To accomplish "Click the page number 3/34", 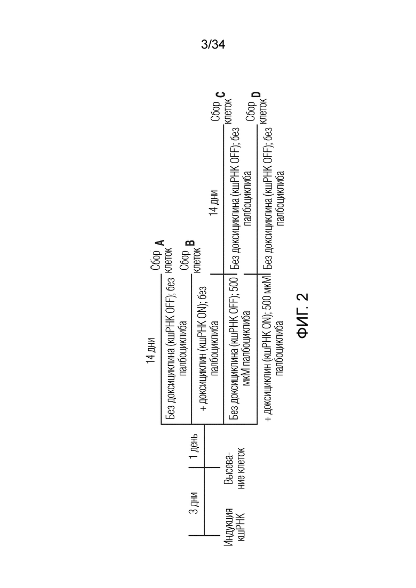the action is click(213, 45).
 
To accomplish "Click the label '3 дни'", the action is click(193, 503).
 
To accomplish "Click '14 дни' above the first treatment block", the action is click(151, 351).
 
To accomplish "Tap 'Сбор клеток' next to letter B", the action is click(191, 260).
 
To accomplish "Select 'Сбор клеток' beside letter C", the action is click(222, 111).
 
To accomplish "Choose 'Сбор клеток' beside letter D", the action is click(257, 111).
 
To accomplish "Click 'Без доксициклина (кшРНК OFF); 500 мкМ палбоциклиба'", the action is click(241, 348).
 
